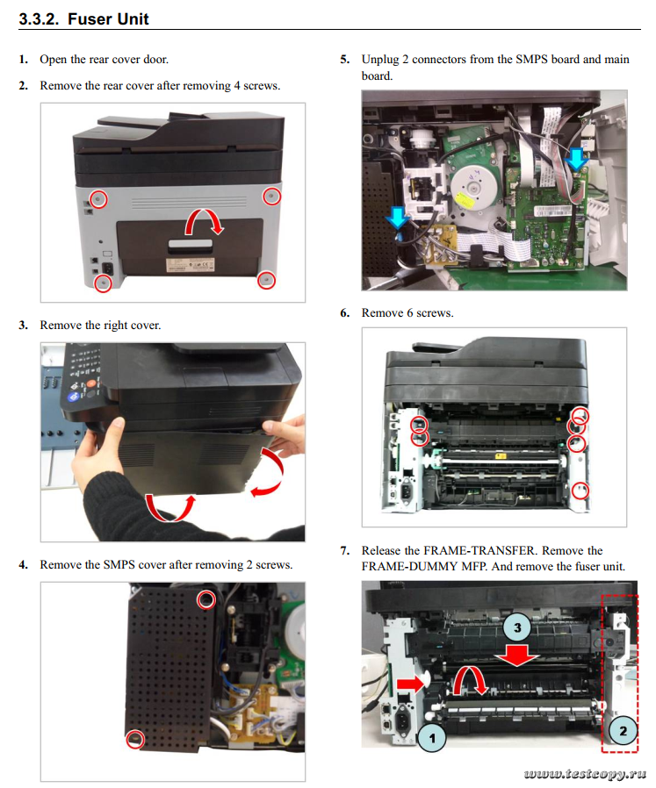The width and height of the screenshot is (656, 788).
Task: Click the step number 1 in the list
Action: point(23,60)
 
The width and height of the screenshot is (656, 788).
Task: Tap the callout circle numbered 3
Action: point(518,627)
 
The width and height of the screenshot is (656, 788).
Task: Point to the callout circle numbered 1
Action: point(433,737)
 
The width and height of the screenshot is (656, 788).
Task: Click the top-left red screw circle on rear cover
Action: point(99,198)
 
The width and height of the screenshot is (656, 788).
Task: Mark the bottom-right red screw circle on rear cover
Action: point(265,280)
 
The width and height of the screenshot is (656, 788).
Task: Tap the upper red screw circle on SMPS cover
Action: point(205,599)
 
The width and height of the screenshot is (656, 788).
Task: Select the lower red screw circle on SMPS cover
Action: point(134,739)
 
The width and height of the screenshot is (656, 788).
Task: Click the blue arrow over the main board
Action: point(576,160)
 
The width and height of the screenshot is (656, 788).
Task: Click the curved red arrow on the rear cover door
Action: point(209,221)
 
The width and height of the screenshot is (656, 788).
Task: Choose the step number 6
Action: point(345,313)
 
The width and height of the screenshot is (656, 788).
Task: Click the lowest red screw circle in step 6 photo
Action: point(579,491)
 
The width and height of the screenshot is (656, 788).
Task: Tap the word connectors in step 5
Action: point(435,60)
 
